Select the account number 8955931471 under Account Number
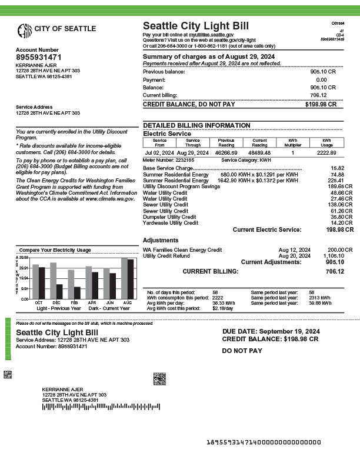[x=38, y=58]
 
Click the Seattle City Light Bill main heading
[x=196, y=26]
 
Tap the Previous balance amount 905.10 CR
[x=323, y=72]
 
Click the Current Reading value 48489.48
[x=259, y=153]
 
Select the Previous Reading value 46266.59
[x=226, y=153]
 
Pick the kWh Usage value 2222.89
[x=326, y=153]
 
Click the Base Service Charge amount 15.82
[x=338, y=168]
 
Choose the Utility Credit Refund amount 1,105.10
[x=334, y=256]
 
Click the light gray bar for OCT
[x=35, y=282]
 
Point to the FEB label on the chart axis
[x=74, y=302]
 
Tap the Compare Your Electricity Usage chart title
[x=55, y=250]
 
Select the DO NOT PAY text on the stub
[x=242, y=351]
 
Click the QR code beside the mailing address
[x=159, y=378]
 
